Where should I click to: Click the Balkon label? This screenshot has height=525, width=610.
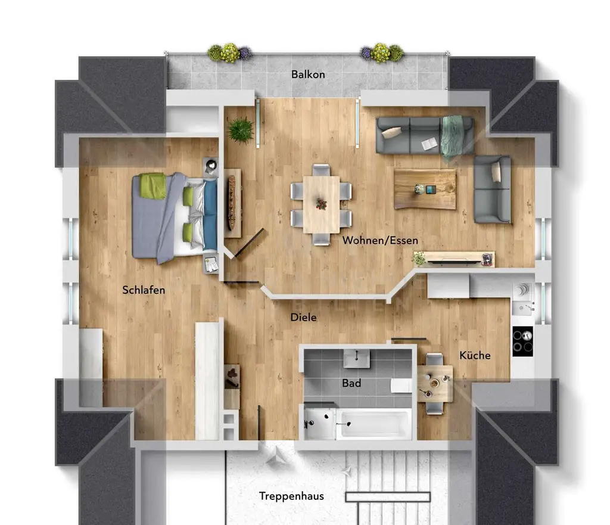click(x=308, y=74)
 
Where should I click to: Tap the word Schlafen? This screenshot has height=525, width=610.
click(x=144, y=290)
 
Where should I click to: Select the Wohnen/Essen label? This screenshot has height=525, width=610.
click(x=380, y=240)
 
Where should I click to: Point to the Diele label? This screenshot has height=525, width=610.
click(x=303, y=318)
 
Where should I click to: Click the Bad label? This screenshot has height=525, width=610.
click(x=351, y=383)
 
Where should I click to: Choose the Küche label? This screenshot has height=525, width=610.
click(x=475, y=355)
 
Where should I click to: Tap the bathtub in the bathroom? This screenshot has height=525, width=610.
click(x=374, y=424)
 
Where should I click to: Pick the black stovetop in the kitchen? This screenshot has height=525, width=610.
click(x=522, y=341)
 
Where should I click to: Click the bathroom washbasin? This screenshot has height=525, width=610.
click(x=356, y=359)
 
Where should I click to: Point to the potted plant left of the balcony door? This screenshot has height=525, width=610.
click(x=240, y=129)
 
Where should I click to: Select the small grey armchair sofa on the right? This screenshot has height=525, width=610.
click(x=493, y=189)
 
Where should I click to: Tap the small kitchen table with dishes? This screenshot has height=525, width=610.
click(x=435, y=384)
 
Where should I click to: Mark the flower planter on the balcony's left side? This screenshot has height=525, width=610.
click(x=229, y=53)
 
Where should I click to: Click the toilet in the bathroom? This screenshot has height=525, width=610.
click(x=401, y=386)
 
